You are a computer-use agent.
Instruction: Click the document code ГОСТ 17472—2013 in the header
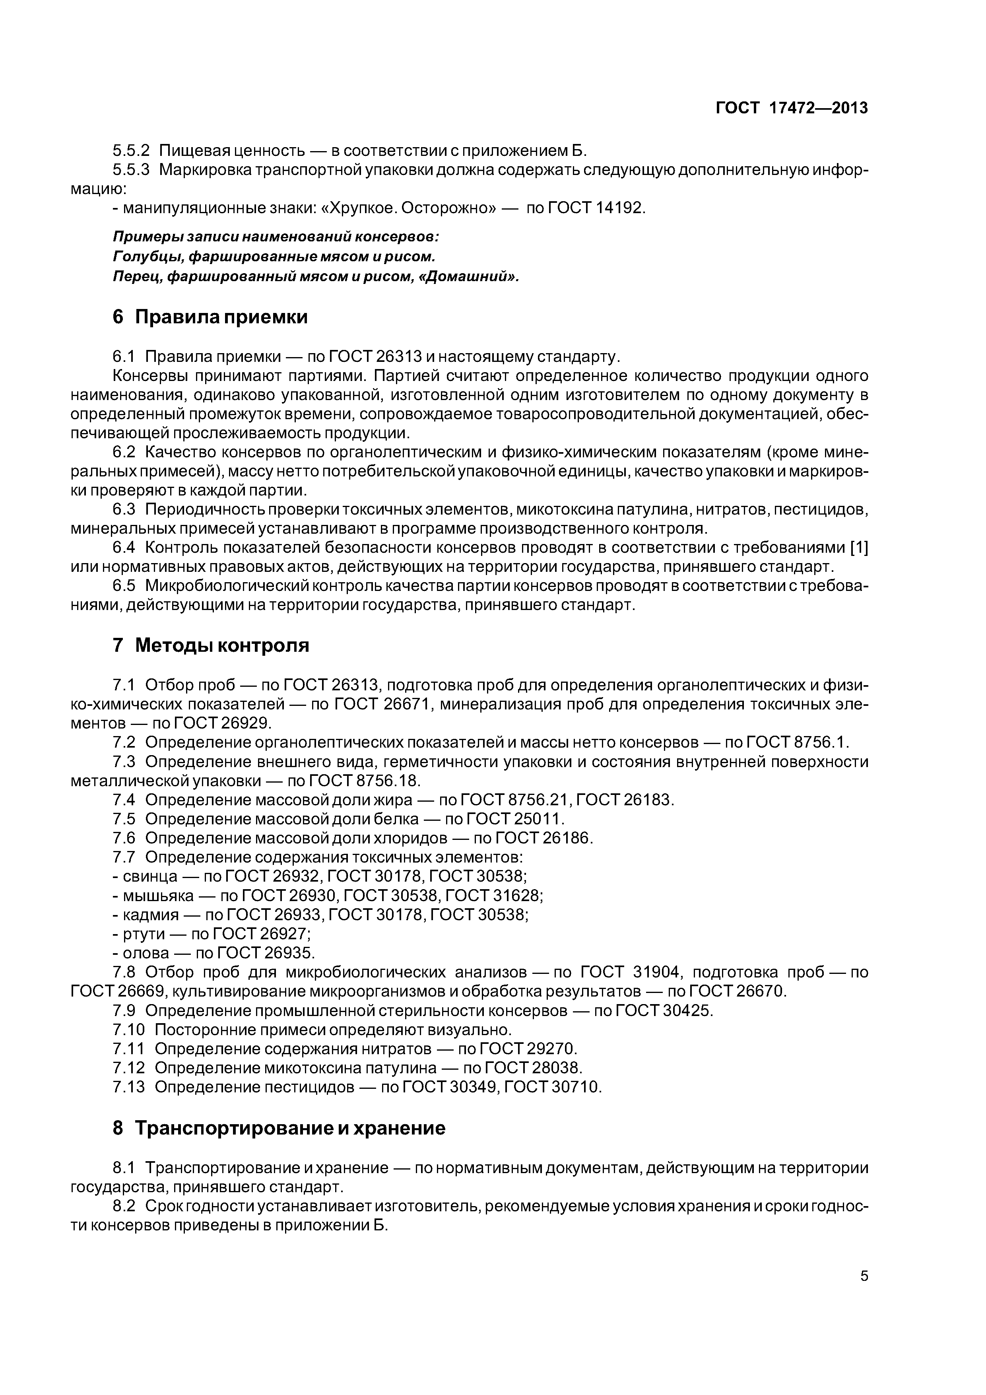(x=791, y=108)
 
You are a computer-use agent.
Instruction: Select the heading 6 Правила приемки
(x=210, y=317)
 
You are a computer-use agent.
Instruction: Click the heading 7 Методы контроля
(x=211, y=645)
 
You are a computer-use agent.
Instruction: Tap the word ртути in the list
(x=144, y=933)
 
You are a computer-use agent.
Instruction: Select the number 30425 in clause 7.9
(x=688, y=1010)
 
